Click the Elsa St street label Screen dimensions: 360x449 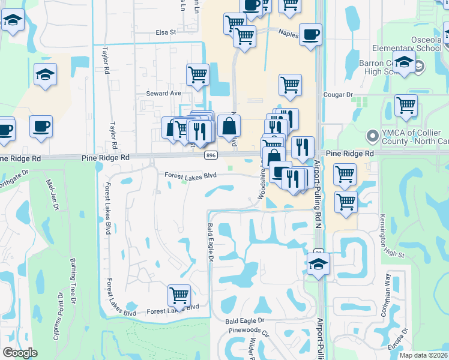[x=165, y=32]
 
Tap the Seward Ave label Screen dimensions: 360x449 [x=163, y=94]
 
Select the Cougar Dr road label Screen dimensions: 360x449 [x=338, y=95]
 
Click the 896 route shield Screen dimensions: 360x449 [x=210, y=155]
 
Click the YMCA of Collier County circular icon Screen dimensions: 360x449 [x=373, y=137]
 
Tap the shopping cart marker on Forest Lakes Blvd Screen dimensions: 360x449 [x=179, y=295]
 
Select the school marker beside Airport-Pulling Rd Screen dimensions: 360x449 [x=318, y=262]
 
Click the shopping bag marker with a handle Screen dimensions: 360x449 [x=229, y=127]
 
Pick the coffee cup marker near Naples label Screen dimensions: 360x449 [x=310, y=34]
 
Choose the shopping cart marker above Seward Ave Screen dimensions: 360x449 [x=197, y=75]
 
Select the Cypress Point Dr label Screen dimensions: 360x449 [x=58, y=316]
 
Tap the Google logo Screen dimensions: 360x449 [x=20, y=353]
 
